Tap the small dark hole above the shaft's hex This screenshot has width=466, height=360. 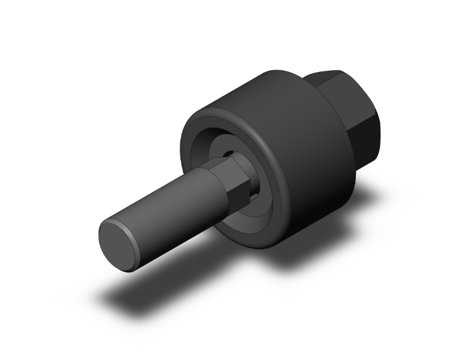[x=229, y=152]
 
